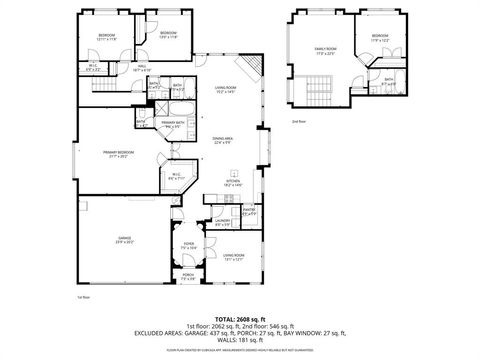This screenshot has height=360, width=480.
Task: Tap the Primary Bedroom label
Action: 125,153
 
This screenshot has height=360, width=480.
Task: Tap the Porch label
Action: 188,277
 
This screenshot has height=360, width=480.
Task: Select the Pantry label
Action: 251,212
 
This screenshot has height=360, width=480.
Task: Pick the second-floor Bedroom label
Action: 379,37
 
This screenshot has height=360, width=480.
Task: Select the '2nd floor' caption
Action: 298,121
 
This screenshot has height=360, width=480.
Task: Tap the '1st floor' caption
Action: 84,297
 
